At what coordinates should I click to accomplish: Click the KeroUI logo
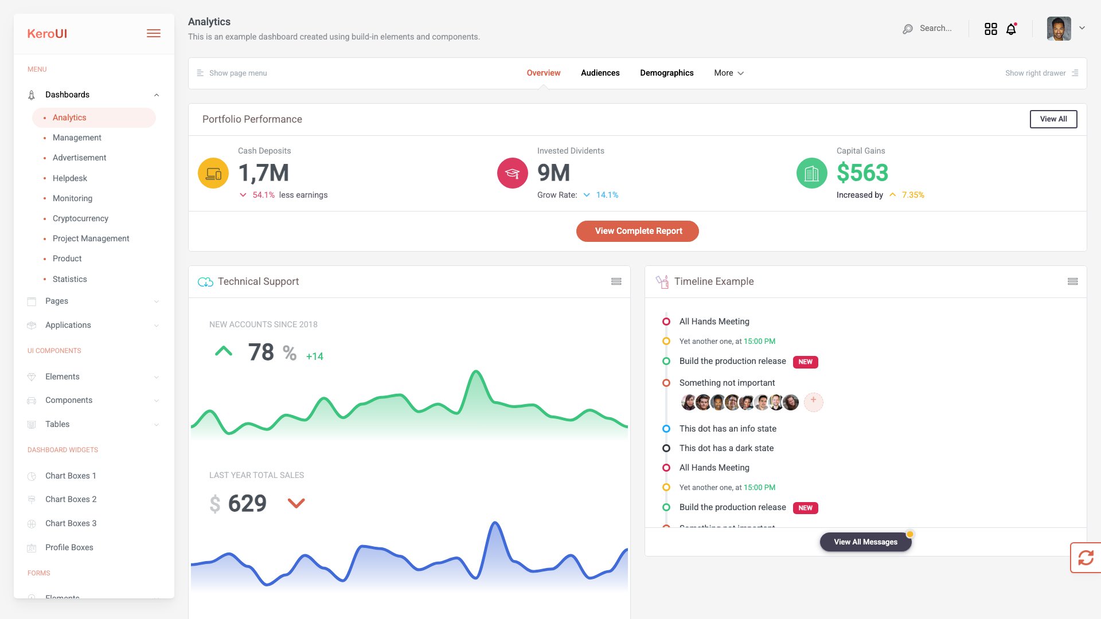click(x=47, y=34)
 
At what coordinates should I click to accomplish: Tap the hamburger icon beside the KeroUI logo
click(x=153, y=34)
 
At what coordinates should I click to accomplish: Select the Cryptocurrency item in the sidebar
click(x=80, y=218)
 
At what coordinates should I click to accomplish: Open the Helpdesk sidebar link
click(x=70, y=178)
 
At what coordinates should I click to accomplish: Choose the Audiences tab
click(x=600, y=73)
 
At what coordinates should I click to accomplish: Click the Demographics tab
click(x=666, y=73)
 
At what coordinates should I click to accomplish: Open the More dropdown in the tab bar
click(x=728, y=73)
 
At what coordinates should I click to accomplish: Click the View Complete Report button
click(x=637, y=231)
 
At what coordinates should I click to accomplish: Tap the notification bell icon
click(x=1011, y=29)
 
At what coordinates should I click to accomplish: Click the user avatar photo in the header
click(x=1059, y=29)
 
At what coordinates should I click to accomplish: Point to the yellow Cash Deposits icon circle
click(x=213, y=173)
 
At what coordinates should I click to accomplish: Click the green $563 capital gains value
click(x=862, y=173)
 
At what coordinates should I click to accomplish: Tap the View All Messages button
click(x=865, y=542)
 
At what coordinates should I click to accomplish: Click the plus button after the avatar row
click(x=813, y=401)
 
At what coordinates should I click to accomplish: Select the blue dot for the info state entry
click(x=666, y=429)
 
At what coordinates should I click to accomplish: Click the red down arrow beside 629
click(x=296, y=503)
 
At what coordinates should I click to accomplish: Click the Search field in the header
click(x=935, y=28)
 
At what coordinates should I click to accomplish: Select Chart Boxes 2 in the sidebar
click(x=71, y=499)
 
